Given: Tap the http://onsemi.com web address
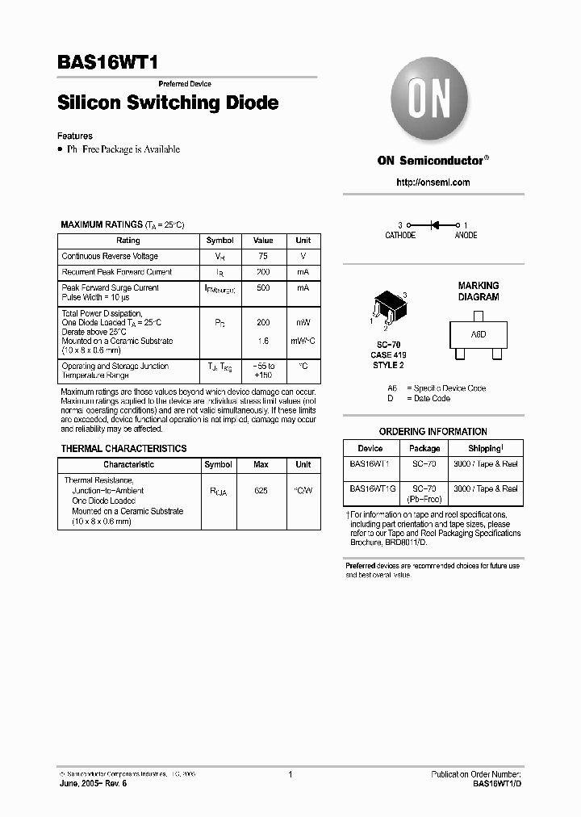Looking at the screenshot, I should (x=433, y=182).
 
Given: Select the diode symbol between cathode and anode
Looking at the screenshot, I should (x=433, y=224).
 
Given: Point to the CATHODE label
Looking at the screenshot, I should (x=400, y=236).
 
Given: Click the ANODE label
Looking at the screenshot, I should (x=466, y=236).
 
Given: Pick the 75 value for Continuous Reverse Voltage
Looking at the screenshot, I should (x=263, y=256).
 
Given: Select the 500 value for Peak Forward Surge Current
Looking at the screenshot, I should (x=263, y=287).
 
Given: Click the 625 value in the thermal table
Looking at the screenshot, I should (x=261, y=491).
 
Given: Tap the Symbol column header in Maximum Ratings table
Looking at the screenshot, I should (x=219, y=241).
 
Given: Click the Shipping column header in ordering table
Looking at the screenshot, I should (x=485, y=448).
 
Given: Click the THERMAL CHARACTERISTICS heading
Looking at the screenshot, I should (x=123, y=449).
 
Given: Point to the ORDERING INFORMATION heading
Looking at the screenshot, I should (x=433, y=432).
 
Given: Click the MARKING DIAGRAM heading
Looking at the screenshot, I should (x=479, y=291).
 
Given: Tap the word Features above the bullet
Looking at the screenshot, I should (x=75, y=136).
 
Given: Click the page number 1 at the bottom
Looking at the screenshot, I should (x=290, y=774).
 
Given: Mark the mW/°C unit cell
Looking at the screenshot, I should (x=303, y=341).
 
